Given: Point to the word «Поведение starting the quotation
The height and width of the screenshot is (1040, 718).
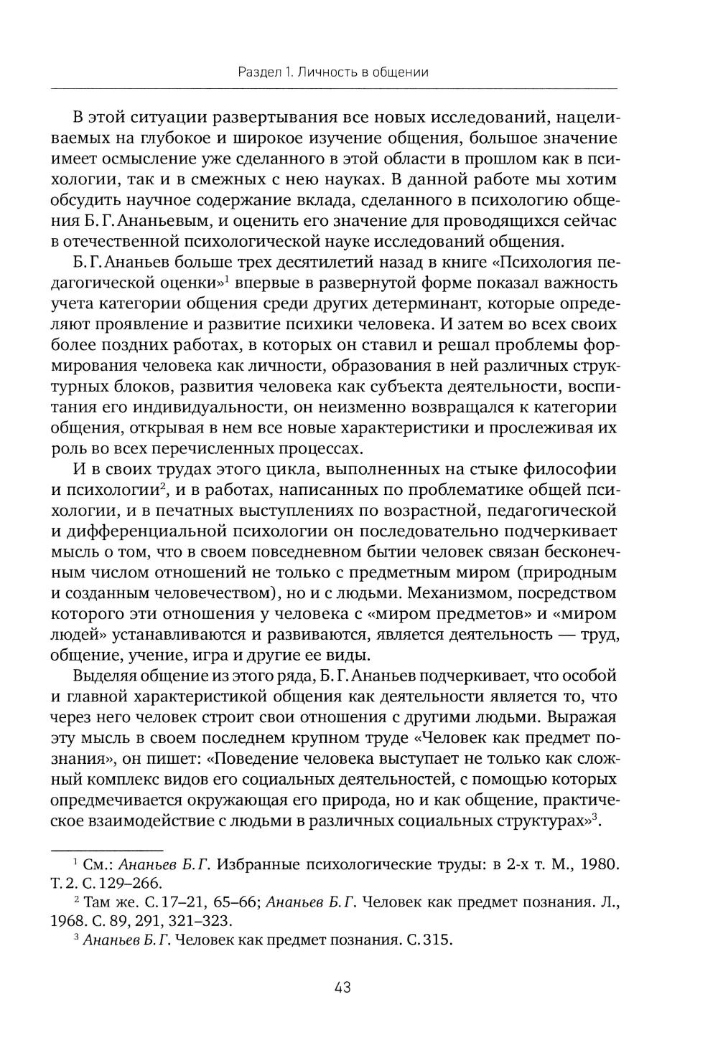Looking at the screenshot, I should coord(257,759).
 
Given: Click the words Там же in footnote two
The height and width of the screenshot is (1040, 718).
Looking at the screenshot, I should coord(106,902).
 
